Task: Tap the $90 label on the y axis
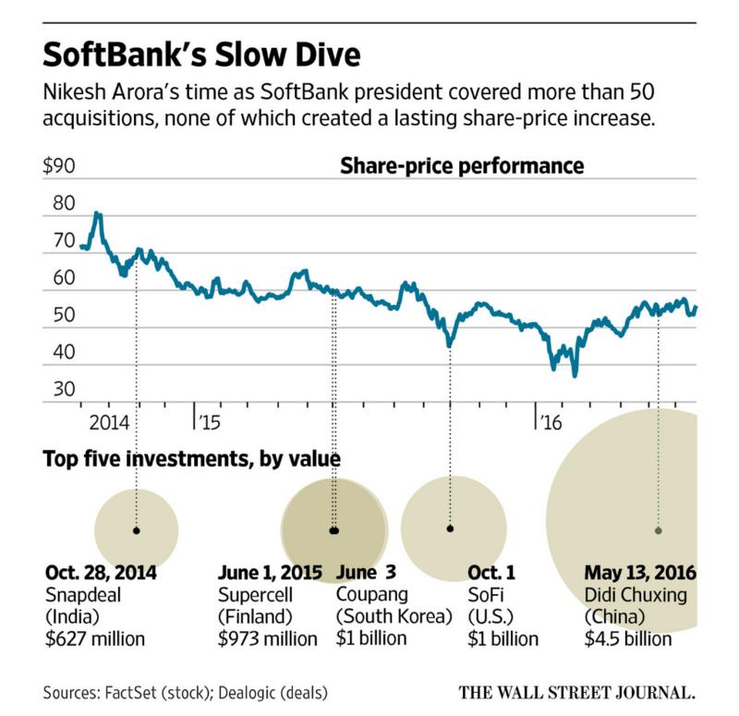coord(60,169)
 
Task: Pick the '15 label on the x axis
coord(208,421)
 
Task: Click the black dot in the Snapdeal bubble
coord(137,530)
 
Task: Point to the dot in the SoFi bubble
coord(451,528)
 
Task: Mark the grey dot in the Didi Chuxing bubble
coord(659,530)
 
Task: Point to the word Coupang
coord(367,595)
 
